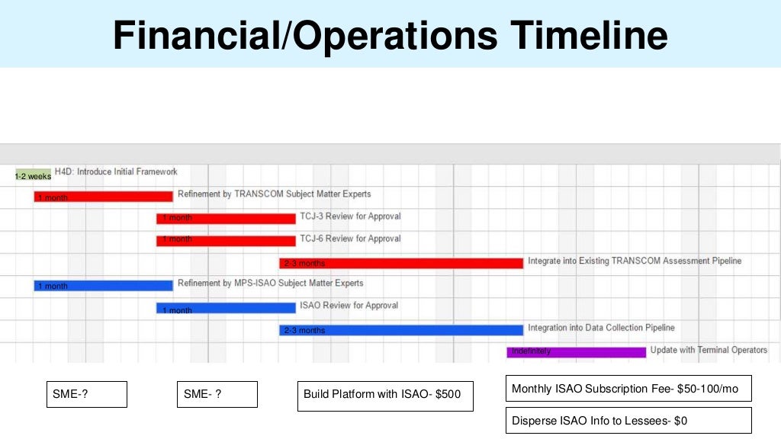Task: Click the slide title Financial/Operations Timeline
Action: coord(390,35)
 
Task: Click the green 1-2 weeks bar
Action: coord(33,175)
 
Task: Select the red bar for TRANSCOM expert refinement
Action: coord(103,197)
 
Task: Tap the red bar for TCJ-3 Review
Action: coord(226,218)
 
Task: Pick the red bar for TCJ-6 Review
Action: coord(226,240)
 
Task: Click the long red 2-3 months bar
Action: coord(401,263)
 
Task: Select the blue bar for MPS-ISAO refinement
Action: coord(103,286)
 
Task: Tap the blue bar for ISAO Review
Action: coord(226,309)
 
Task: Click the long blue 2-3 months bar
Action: coord(401,330)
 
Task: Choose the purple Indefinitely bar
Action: coord(576,352)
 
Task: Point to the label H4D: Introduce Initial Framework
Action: coord(116,172)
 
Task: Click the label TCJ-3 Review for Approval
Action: coord(350,216)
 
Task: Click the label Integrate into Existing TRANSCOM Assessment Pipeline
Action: coord(635,261)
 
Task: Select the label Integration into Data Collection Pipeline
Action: coord(601,328)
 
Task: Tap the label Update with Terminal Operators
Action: coord(709,351)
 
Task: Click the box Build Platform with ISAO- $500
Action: coord(385,396)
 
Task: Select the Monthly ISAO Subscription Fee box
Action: coord(628,389)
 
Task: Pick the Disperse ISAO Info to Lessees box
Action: coord(628,420)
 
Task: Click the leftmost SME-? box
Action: coord(86,394)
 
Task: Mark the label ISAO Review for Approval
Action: coord(349,306)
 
